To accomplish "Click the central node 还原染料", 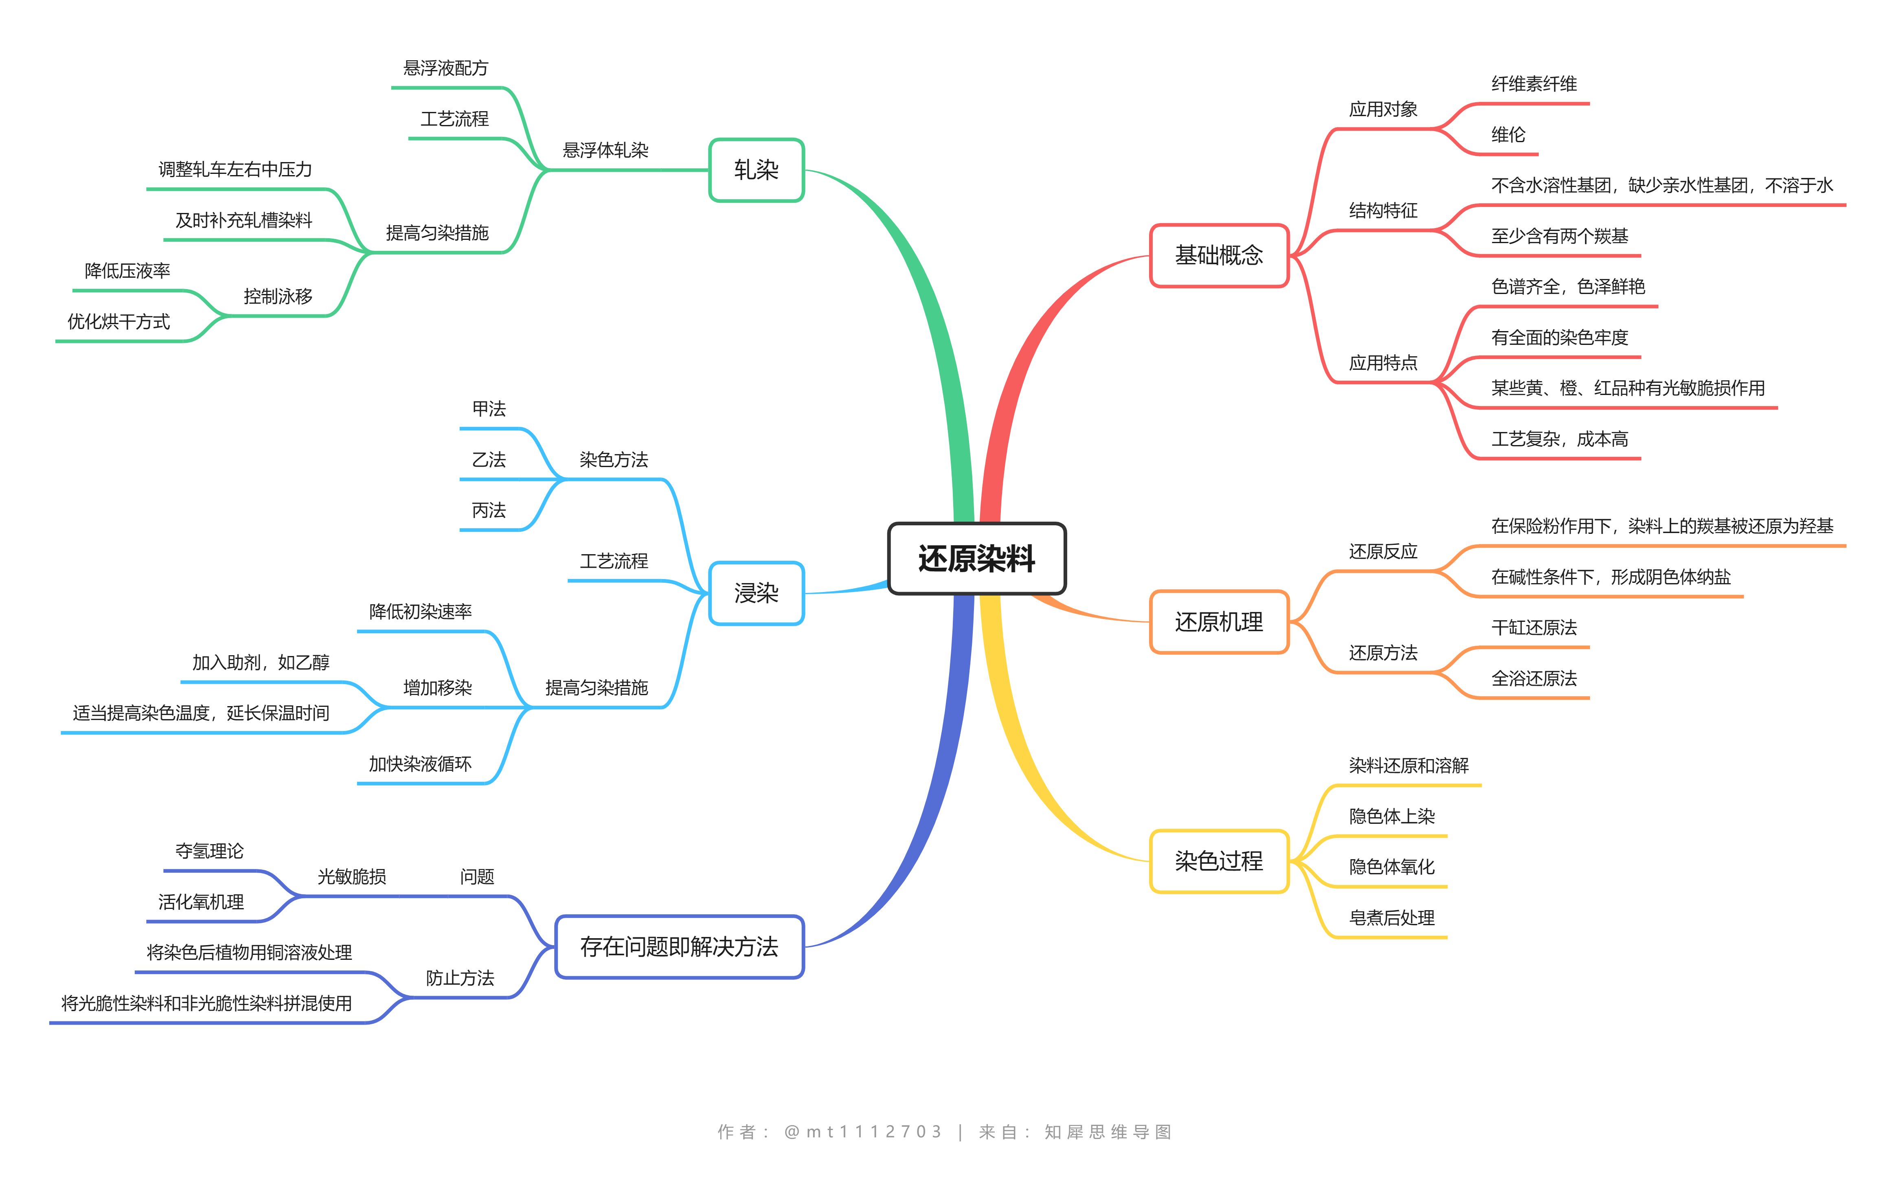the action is pos(977,559).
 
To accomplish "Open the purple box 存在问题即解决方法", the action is pos(679,946).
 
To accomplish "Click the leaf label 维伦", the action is pos(1508,134).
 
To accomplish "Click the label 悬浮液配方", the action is pos(445,68).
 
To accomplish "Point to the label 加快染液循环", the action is pos(420,764).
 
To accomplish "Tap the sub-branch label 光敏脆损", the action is pos(352,877).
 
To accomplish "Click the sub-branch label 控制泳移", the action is pos(278,296).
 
